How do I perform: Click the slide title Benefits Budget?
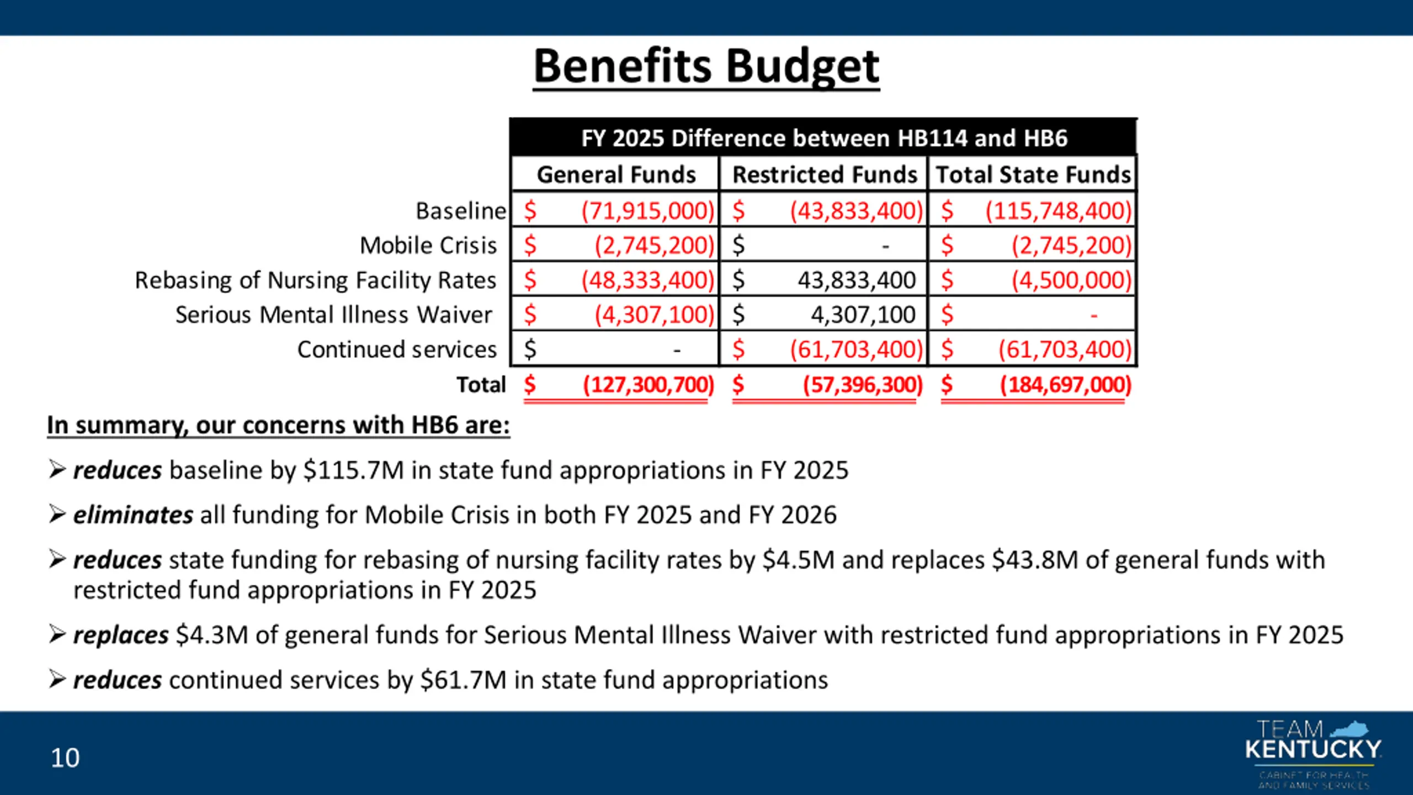[706, 66]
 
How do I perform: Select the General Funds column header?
[616, 174]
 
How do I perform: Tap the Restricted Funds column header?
[825, 174]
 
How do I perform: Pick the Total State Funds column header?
[1033, 174]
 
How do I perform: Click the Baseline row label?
[460, 211]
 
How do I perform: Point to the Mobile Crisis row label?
[428, 246]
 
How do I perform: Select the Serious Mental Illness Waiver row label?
[333, 315]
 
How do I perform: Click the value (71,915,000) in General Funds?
[647, 211]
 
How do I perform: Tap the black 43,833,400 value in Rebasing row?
[857, 280]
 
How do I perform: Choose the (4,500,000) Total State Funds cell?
[1071, 280]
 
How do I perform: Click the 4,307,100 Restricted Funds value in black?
[863, 315]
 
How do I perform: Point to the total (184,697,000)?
[1066, 384]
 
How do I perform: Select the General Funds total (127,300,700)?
[649, 384]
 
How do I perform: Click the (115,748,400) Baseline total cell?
[1059, 211]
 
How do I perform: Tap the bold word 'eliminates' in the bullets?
[133, 515]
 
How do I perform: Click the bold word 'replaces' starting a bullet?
[121, 635]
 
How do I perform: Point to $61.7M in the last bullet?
[463, 680]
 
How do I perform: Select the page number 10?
[65, 758]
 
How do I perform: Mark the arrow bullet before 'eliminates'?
[57, 515]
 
